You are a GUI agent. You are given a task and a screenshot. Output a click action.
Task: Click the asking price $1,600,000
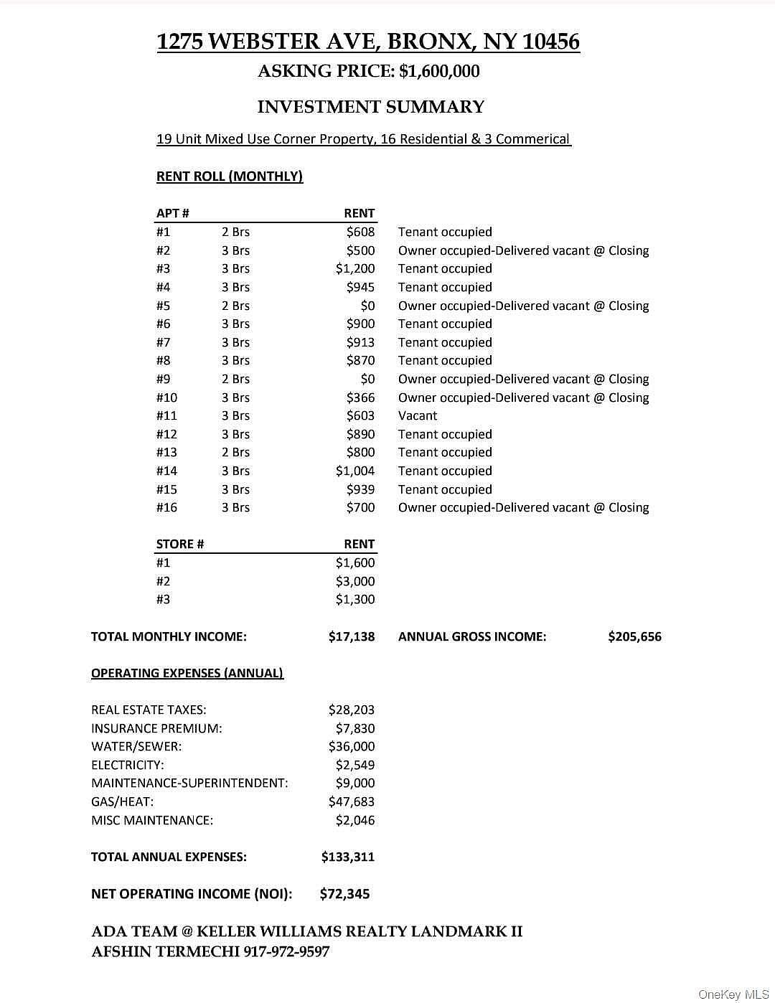439,71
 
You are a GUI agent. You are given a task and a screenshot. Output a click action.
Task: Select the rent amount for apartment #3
355,268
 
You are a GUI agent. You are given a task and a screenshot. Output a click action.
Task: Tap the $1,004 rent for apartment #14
355,471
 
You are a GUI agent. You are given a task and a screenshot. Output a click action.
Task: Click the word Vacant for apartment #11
418,415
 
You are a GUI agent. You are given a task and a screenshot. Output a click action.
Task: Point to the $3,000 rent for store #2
355,581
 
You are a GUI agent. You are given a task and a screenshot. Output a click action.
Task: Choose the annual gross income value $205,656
634,636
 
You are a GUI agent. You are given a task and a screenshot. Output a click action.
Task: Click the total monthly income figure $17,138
352,636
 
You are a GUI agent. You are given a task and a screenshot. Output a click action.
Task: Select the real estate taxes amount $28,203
352,710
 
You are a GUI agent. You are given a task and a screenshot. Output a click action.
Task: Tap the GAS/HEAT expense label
122,801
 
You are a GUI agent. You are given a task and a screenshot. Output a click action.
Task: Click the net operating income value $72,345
345,893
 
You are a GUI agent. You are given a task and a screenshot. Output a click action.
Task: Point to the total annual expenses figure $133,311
348,857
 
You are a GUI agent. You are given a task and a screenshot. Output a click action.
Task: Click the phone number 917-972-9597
286,951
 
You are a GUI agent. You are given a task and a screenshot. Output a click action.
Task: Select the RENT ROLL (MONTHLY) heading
230,176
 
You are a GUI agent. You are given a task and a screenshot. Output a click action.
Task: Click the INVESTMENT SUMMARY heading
371,107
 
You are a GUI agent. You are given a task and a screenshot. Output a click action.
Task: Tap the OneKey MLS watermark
733,994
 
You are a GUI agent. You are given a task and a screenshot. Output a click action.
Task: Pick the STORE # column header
180,544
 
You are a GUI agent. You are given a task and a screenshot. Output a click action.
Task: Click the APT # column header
173,213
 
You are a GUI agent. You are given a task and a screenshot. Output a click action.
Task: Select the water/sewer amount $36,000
352,746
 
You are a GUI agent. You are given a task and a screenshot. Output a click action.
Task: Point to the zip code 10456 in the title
550,42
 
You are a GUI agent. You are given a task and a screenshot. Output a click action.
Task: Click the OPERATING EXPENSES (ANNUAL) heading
187,673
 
